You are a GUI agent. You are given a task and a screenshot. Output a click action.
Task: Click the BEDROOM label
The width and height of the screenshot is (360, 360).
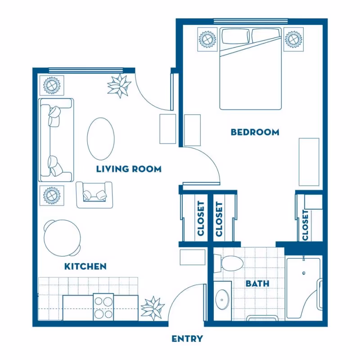coord(255,132)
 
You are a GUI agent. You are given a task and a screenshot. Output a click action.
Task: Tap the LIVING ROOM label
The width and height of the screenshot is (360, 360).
coord(129,169)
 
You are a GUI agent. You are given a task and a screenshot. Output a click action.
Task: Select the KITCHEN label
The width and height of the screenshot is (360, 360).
coord(85,266)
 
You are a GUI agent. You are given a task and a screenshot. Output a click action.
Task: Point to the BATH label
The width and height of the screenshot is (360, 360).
coord(257,283)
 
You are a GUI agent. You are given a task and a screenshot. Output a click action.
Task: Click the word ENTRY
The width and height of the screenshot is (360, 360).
coord(187,339)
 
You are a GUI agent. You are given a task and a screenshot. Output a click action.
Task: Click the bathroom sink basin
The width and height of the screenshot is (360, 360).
coord(222,300)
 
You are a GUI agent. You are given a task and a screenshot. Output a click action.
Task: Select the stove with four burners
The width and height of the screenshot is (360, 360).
coord(103,307)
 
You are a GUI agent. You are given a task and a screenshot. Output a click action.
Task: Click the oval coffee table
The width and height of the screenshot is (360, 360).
coord(101,139)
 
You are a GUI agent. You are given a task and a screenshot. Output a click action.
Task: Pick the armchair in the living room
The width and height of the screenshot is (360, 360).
coord(94,195)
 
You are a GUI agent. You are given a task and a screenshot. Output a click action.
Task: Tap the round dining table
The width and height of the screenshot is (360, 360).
coord(63,238)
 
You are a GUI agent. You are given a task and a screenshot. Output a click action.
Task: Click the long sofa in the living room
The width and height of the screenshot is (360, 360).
coord(56,140)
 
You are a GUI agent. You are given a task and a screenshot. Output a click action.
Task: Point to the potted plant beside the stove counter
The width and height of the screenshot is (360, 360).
coord(153,308)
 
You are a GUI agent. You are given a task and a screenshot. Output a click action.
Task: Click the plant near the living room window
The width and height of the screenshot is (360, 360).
coord(119,86)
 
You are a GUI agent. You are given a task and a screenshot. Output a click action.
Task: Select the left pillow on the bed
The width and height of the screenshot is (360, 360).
coord(235,36)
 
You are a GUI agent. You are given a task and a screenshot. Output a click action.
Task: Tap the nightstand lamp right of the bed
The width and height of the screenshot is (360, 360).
coord(294,39)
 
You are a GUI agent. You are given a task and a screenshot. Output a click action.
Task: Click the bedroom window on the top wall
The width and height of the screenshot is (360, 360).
coord(251,21)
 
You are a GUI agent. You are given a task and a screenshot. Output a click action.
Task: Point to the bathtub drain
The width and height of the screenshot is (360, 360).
coord(304,273)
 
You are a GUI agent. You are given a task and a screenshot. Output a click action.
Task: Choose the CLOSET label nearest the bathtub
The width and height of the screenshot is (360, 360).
coord(305,225)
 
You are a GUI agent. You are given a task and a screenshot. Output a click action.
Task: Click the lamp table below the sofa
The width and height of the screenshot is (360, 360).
coord(52,195)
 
